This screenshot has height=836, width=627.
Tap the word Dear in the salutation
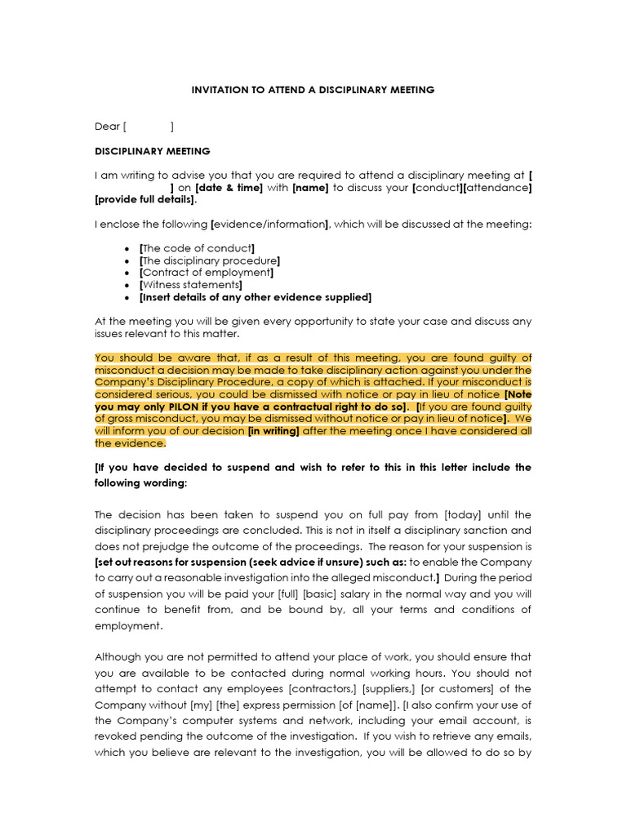coord(107,127)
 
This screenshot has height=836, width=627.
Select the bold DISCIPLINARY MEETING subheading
coord(153,151)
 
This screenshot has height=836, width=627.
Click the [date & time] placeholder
coord(229,188)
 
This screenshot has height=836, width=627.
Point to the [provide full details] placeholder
coord(145,200)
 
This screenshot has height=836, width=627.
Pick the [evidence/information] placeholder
coord(270,225)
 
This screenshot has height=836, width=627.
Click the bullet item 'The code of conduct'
coord(198,248)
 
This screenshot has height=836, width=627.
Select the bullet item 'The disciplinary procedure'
coord(211,260)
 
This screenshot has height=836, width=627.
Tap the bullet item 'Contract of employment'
coord(207,273)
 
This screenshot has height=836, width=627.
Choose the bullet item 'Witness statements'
coord(191,285)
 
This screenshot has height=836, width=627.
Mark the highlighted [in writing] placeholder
coord(274,430)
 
